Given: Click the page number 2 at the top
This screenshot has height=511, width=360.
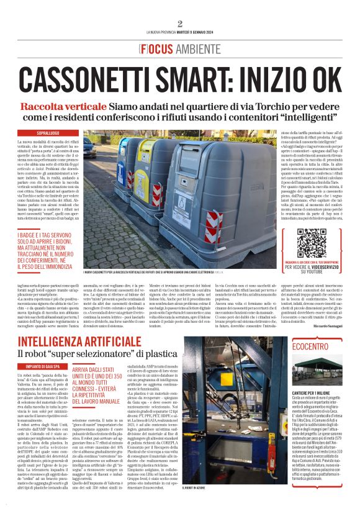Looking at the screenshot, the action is coord(180,24).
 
